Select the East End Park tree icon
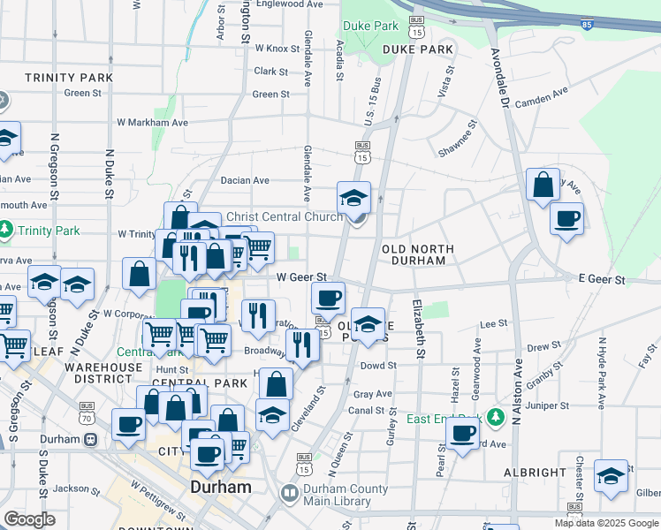(x=496, y=416)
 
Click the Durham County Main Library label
(x=346, y=495)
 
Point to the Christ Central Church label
(x=285, y=216)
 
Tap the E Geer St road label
(x=602, y=279)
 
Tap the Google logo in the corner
(x=29, y=519)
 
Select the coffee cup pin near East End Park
(x=462, y=434)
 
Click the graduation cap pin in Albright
(x=611, y=476)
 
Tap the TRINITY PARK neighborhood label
(x=69, y=78)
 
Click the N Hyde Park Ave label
(x=601, y=372)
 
